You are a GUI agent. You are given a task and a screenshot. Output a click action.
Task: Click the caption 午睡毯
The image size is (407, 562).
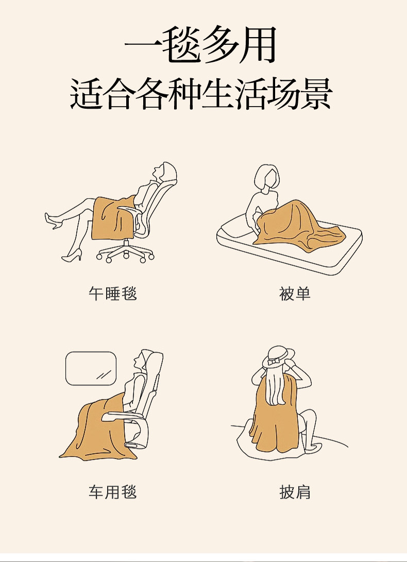click(x=113, y=294)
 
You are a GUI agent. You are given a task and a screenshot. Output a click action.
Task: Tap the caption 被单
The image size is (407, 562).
click(x=295, y=294)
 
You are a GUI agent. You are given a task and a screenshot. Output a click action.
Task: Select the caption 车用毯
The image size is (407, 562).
click(x=113, y=492)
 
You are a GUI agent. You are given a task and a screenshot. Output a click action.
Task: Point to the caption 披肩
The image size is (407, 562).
click(x=295, y=492)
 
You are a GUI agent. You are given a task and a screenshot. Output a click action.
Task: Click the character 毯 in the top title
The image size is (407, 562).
click(x=181, y=45)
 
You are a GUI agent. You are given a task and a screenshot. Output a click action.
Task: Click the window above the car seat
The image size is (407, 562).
click(x=91, y=368)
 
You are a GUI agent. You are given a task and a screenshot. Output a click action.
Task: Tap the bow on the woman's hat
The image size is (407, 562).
click(x=274, y=362)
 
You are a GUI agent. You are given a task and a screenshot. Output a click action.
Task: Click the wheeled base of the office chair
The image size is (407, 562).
click(x=125, y=251)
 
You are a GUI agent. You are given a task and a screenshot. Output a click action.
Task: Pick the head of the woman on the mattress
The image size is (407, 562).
click(x=267, y=177)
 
